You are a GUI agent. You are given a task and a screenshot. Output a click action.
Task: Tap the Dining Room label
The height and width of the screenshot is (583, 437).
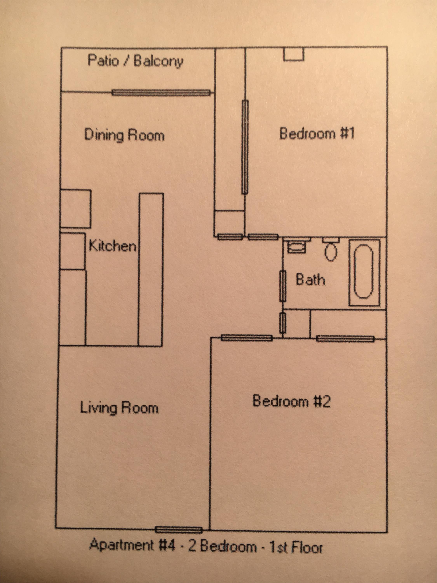point(124,135)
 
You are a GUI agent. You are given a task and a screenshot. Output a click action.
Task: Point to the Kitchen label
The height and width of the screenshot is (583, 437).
point(112,246)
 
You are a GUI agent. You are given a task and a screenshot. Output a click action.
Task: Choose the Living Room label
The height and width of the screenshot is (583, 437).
point(119,415)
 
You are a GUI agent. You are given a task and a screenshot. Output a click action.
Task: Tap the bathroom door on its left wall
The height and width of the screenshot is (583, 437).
point(282,286)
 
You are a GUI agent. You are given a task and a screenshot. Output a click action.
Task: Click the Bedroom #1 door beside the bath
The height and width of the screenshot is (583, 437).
point(263,237)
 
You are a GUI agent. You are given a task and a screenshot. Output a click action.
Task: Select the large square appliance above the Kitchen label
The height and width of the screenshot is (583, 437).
point(76,209)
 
